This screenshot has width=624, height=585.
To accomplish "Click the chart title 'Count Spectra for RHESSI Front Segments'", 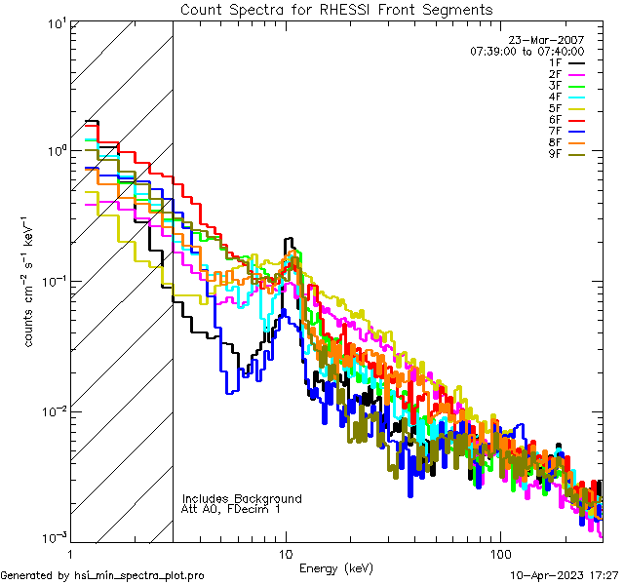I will pyautogui.click(x=336, y=9).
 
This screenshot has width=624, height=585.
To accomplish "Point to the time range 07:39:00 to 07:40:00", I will pyautogui.click(x=526, y=51).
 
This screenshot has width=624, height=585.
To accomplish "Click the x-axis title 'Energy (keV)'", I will pyautogui.click(x=336, y=567).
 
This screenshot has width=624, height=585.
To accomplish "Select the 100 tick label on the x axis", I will pyautogui.click(x=499, y=552).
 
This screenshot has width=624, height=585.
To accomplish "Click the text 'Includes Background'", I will pyautogui.click(x=242, y=498).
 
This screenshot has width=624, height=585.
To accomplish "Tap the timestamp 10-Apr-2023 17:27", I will pyautogui.click(x=565, y=576).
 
